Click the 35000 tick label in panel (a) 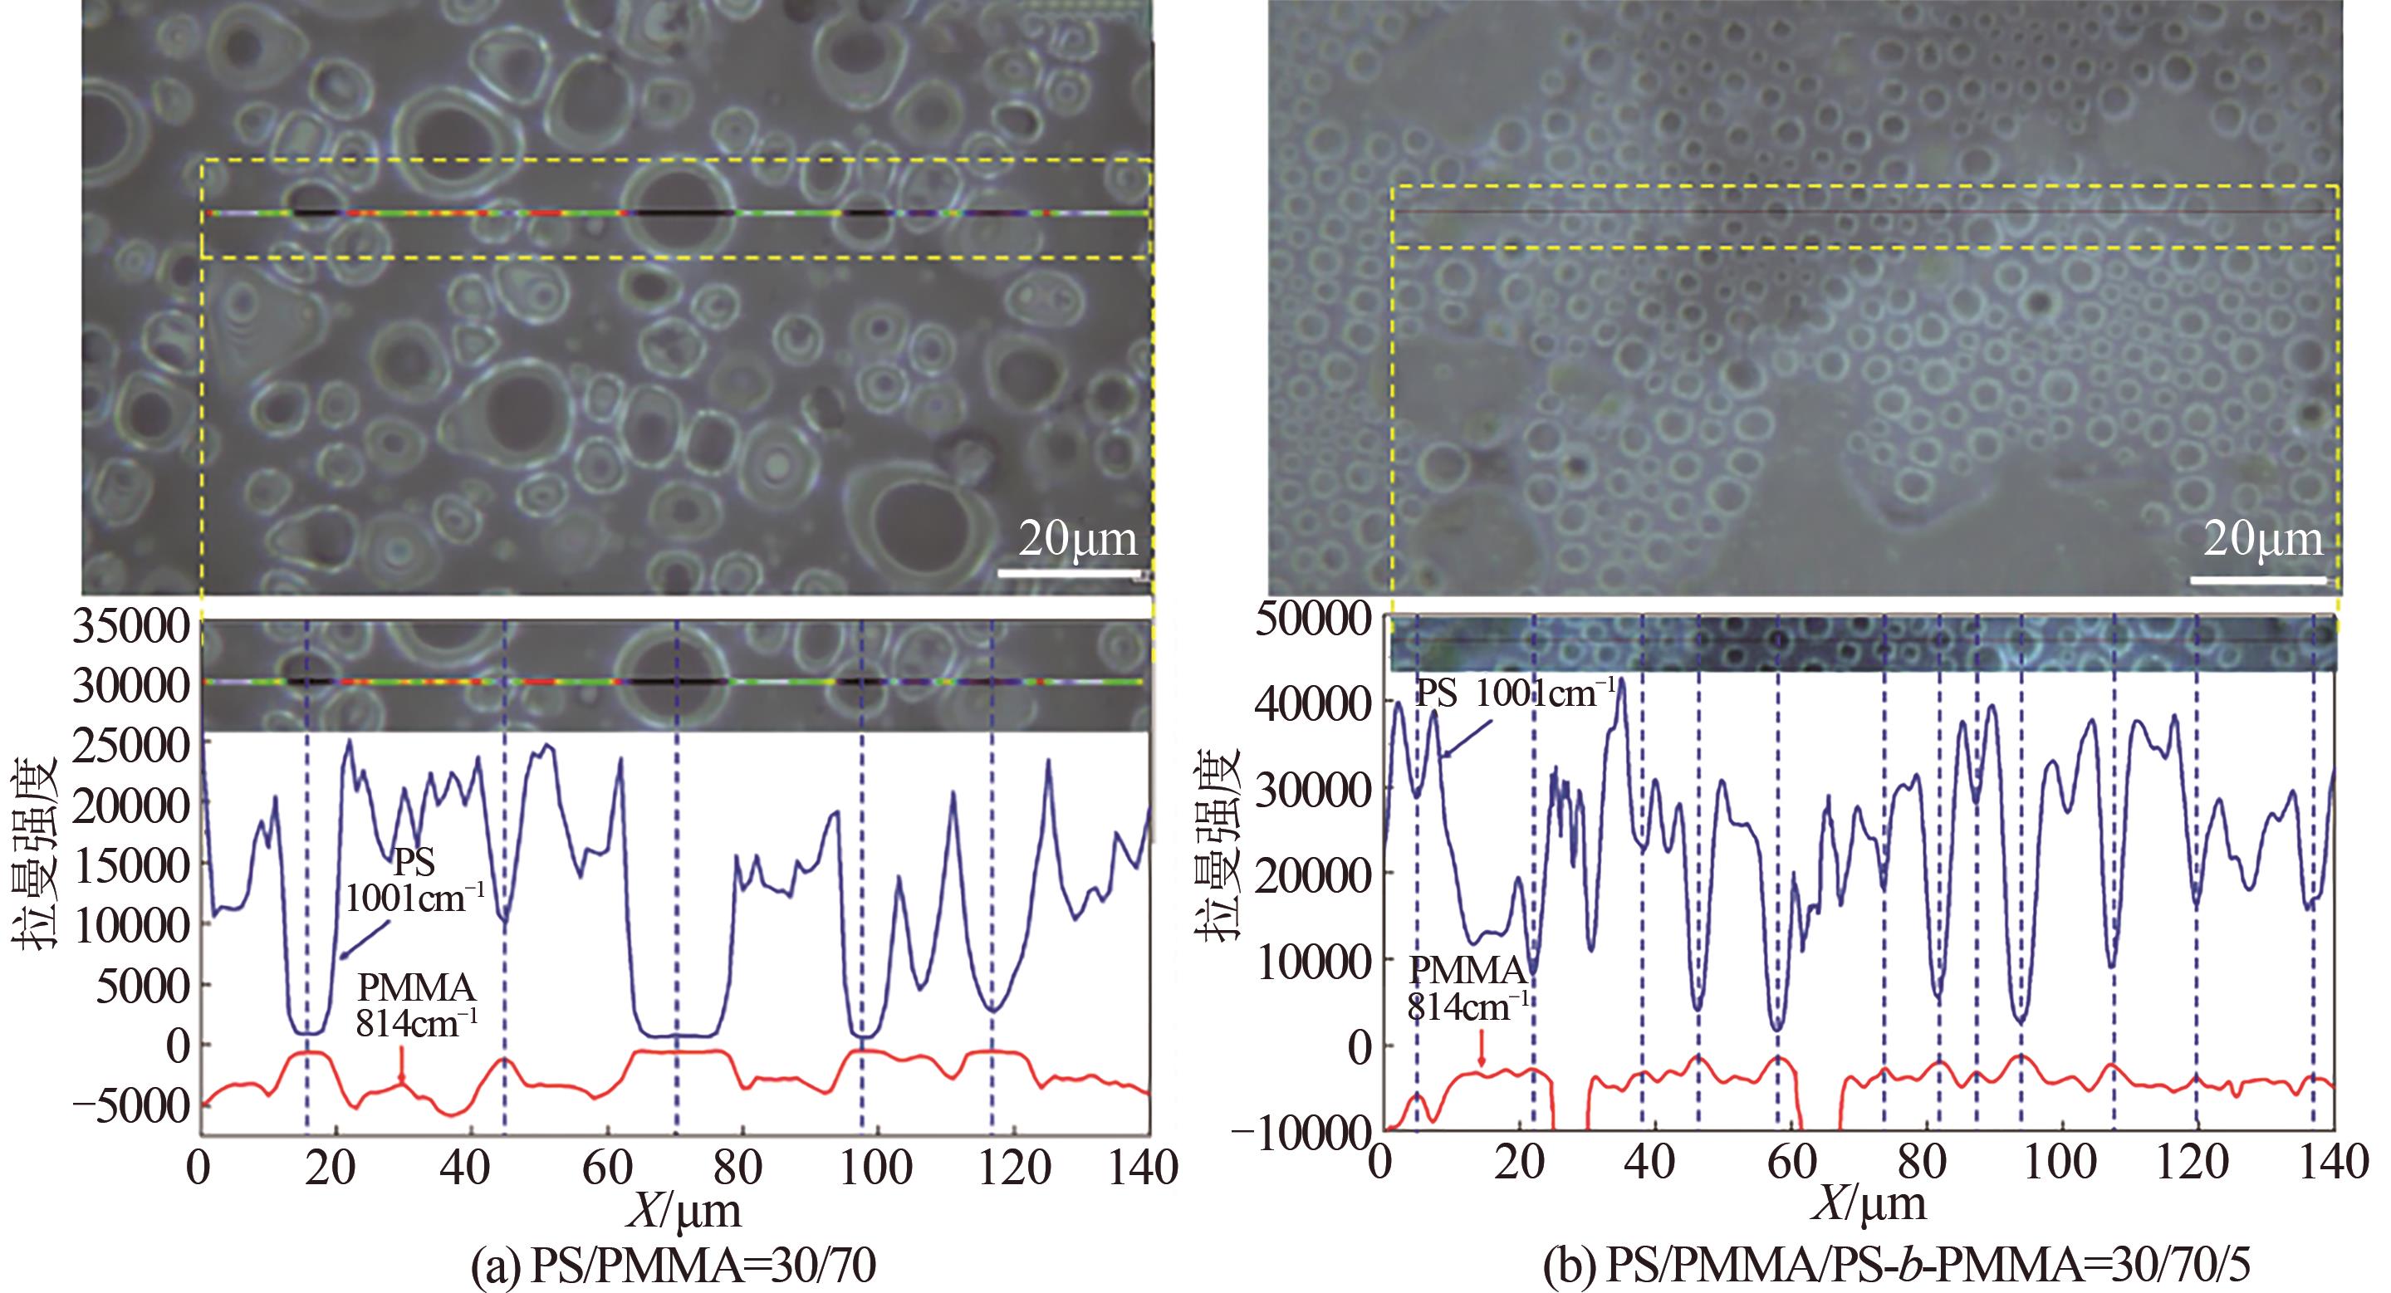(128, 629)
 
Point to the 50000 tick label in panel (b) (1312, 620)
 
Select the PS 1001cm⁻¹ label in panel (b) (1513, 693)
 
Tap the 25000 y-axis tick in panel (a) (128, 747)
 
